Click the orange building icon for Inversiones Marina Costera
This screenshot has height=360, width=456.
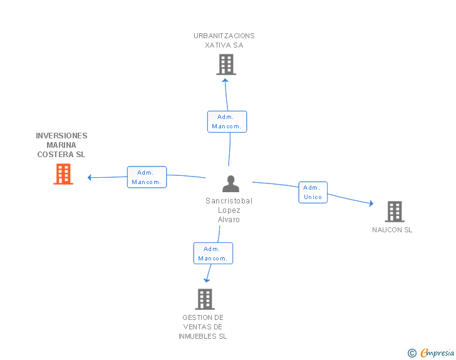pyautogui.click(x=63, y=174)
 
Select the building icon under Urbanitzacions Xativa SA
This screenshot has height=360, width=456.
pyautogui.click(x=226, y=64)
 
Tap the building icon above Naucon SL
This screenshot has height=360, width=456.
pyautogui.click(x=395, y=212)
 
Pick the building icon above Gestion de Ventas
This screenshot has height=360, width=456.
pyautogui.click(x=205, y=299)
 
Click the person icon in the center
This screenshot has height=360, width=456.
pyautogui.click(x=231, y=184)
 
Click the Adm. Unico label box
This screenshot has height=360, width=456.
pyautogui.click(x=313, y=192)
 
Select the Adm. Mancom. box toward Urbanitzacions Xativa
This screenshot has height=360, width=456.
pyautogui.click(x=227, y=121)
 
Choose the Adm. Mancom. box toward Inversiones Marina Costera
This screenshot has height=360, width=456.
pyautogui.click(x=147, y=177)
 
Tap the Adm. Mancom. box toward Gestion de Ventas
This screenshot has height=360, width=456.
pyautogui.click(x=213, y=254)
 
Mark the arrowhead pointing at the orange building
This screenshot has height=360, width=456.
pyautogui.click(x=90, y=177)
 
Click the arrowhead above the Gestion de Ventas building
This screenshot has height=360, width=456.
pyautogui.click(x=207, y=279)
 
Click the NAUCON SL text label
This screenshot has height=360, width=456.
pyautogui.click(x=392, y=230)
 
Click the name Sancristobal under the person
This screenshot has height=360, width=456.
pyautogui.click(x=229, y=201)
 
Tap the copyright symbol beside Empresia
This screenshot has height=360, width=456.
pyautogui.click(x=412, y=353)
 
